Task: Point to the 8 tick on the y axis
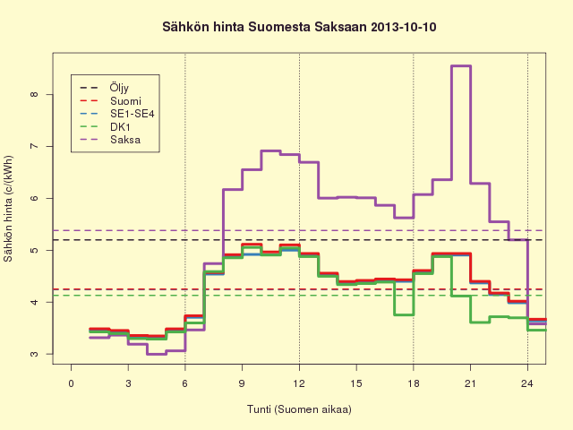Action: pyautogui.click(x=34, y=94)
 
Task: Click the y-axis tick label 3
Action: pyautogui.click(x=34, y=354)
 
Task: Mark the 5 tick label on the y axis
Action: pyautogui.click(x=34, y=250)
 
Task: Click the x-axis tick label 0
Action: pyautogui.click(x=72, y=383)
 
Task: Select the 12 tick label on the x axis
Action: pyautogui.click(x=299, y=383)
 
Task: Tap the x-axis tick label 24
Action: pyautogui.click(x=527, y=383)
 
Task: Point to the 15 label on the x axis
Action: pyautogui.click(x=356, y=383)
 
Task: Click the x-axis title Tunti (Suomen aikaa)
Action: pyautogui.click(x=299, y=409)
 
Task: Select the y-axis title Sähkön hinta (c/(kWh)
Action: pyautogui.click(x=8, y=209)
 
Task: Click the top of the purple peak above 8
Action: pyautogui.click(x=461, y=66)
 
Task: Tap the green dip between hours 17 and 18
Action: pyautogui.click(x=404, y=314)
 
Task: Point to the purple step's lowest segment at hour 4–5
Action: pyautogui.click(x=157, y=354)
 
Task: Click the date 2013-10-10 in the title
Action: pyautogui.click(x=403, y=27)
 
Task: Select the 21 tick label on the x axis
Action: pyautogui.click(x=470, y=383)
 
